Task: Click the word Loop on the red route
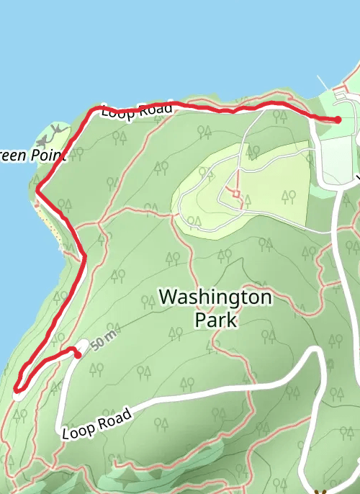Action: tap(116, 113)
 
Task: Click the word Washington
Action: tap(215, 297)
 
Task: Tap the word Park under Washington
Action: tap(215, 320)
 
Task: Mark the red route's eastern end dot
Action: tap(338, 120)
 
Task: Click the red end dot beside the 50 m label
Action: tap(77, 354)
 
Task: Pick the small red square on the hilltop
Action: tap(235, 194)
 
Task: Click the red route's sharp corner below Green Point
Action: tap(37, 192)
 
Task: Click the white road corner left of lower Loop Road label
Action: tap(60, 431)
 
